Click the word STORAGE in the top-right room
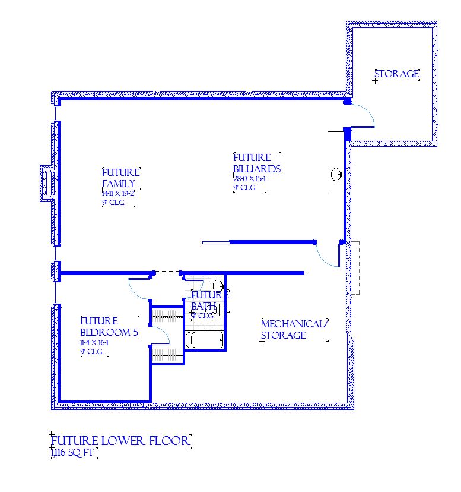(x=397, y=74)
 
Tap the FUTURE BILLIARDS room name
(x=256, y=163)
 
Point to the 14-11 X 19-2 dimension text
(x=119, y=194)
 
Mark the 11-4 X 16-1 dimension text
(x=96, y=343)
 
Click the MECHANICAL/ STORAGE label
(x=294, y=329)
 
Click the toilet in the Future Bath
(x=221, y=308)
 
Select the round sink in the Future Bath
(x=217, y=284)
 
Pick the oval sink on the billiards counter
(x=336, y=174)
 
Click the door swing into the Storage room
(x=363, y=115)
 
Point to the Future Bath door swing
(x=196, y=288)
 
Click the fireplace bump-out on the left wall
(x=46, y=182)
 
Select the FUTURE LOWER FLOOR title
(x=120, y=441)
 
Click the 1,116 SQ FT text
(x=74, y=454)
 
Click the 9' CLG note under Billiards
(x=244, y=188)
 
